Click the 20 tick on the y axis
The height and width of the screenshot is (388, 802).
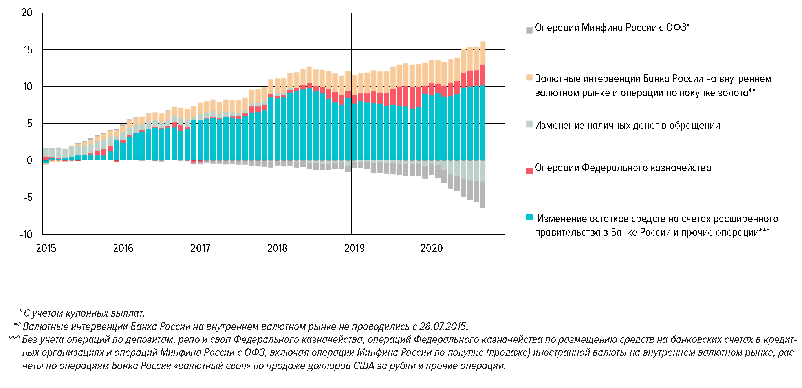click(x=27, y=13)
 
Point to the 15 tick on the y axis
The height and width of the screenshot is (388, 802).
click(x=27, y=50)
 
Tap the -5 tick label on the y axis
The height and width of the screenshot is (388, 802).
click(x=28, y=197)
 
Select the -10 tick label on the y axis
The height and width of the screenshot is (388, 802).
click(x=26, y=235)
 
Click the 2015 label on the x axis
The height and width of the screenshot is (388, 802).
click(x=46, y=248)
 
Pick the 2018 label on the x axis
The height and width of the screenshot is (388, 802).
click(x=277, y=248)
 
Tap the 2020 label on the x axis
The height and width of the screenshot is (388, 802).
click(x=432, y=248)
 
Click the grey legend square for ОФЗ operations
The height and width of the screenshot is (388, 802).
click(x=529, y=30)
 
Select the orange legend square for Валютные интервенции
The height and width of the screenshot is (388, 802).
click(x=529, y=78)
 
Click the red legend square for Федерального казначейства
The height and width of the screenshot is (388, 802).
click(x=529, y=170)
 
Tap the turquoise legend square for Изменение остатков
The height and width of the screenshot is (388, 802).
click(x=529, y=218)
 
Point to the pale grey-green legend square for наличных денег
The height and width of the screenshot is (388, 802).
click(x=529, y=124)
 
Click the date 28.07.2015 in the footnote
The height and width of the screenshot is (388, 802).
click(x=443, y=326)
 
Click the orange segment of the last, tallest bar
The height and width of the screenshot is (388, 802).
click(x=483, y=53)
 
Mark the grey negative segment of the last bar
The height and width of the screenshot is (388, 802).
click(x=483, y=195)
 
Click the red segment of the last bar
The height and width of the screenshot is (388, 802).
click(x=483, y=75)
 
